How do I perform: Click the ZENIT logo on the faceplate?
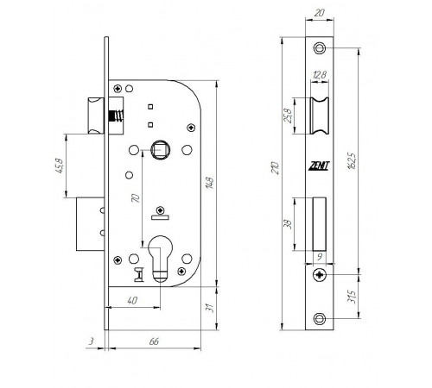pos(319,166)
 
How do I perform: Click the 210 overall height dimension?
pos(276,168)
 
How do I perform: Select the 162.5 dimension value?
pos(353,161)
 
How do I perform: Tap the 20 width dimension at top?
pos(319,13)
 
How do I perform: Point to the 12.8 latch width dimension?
pos(320,75)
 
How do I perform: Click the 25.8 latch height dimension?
pos(288,116)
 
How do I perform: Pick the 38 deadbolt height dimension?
pos(288,224)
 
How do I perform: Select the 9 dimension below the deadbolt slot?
pos(320,257)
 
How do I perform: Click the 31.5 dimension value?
pos(352,297)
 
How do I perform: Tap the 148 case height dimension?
pos(210,183)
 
